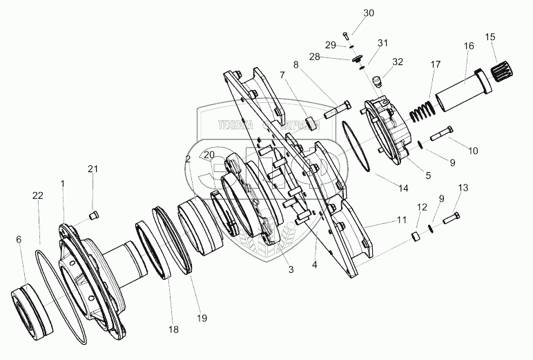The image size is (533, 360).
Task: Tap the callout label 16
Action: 468,46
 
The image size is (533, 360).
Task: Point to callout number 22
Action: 37,197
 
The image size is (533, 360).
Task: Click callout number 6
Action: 19,239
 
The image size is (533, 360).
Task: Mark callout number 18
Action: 174,330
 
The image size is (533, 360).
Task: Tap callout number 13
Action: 463,188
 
